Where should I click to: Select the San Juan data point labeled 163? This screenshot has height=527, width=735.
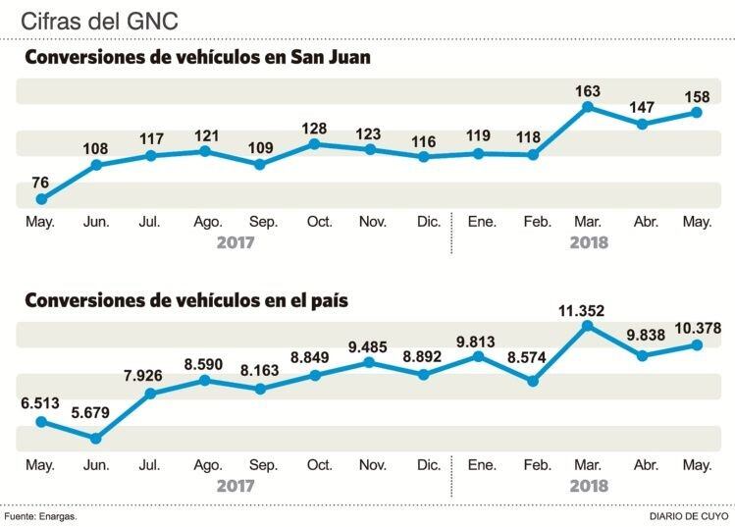tap(588, 106)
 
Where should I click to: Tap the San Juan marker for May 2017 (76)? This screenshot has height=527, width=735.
tap(41, 199)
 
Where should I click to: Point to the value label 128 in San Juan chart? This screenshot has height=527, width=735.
tap(315, 128)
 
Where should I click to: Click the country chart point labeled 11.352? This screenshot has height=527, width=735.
tap(588, 325)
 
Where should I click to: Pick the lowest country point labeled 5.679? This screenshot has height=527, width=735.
tap(96, 439)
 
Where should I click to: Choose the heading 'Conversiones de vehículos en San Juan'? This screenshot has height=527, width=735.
tap(196, 57)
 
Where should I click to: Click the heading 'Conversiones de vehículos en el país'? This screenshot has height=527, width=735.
tap(185, 299)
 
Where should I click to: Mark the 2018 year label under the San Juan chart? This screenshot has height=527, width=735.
tap(589, 242)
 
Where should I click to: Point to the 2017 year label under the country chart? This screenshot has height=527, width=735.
tap(236, 486)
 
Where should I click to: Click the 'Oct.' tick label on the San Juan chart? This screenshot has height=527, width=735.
tap(320, 222)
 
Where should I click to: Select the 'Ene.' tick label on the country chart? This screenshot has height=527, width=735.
tap(481, 464)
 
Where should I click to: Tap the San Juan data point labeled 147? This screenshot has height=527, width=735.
tap(643, 125)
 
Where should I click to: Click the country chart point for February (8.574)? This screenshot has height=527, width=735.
tap(533, 381)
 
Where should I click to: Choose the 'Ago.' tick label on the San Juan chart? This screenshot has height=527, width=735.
tap(207, 222)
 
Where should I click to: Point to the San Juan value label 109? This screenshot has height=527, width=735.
tap(260, 147)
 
